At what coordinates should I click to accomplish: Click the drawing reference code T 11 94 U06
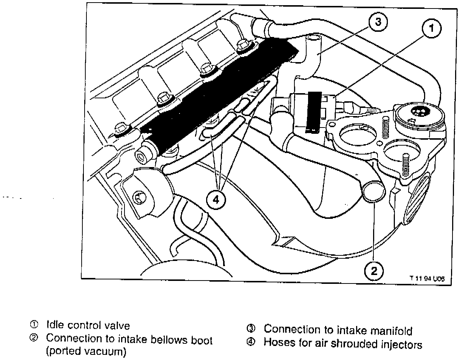426,279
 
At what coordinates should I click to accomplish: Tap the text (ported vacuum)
86,351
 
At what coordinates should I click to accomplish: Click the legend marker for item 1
34,325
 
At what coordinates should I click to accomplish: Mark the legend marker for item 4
251,343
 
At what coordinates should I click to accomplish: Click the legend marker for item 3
251,329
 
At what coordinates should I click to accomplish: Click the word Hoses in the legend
277,344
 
